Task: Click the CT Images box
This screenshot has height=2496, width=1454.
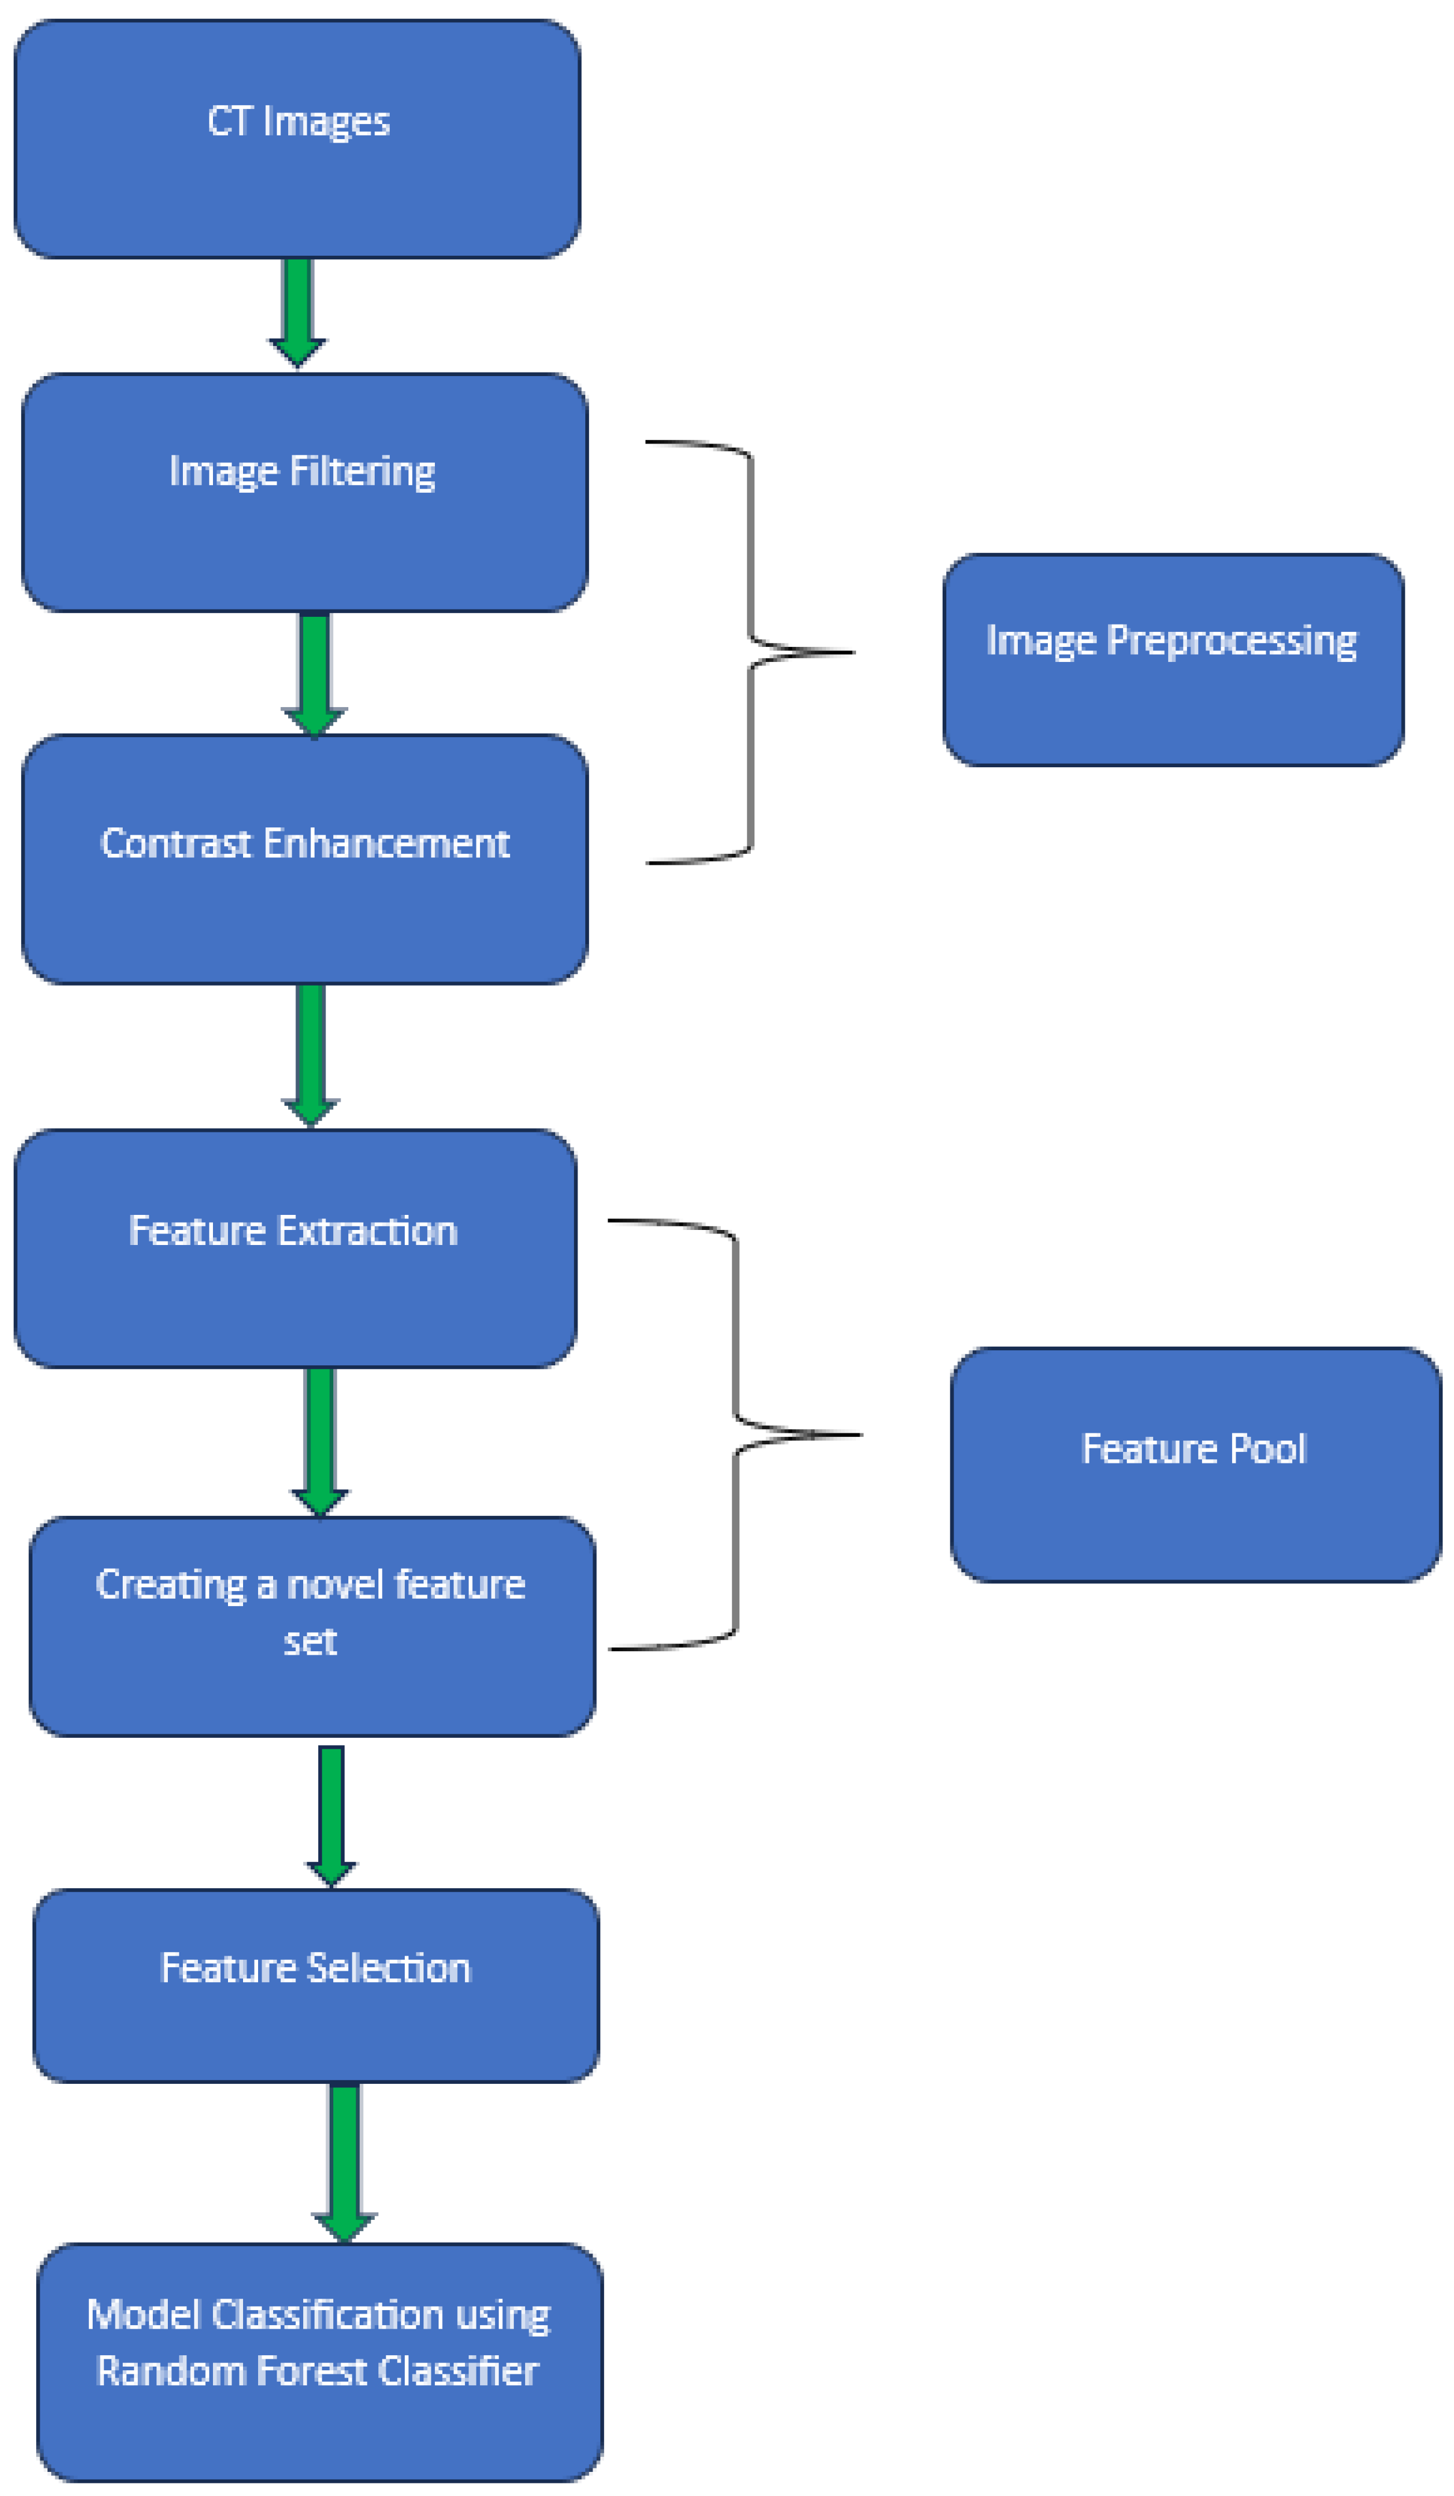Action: click(297, 138)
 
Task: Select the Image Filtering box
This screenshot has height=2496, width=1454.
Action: click(304, 492)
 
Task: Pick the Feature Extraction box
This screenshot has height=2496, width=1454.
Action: click(295, 1248)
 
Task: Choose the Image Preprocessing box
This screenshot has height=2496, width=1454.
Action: click(1172, 660)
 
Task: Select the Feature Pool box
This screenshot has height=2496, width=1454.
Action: click(1195, 1464)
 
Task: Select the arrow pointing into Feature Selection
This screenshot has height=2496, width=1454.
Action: click(331, 1812)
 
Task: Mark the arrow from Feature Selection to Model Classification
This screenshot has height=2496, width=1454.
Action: click(343, 2159)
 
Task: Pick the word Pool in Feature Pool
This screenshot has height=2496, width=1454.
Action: click(1267, 1449)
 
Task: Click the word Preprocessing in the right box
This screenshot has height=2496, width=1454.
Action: click(1231, 641)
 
